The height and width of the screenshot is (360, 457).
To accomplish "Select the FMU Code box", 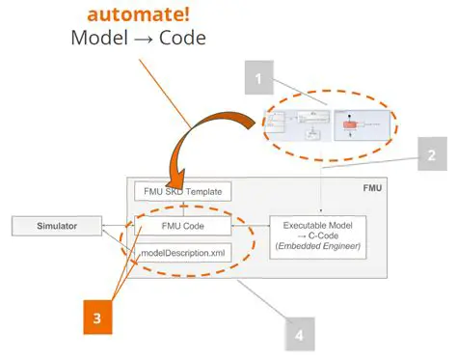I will [x=181, y=228].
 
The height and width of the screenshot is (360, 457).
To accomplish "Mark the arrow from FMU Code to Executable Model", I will [x=250, y=228].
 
